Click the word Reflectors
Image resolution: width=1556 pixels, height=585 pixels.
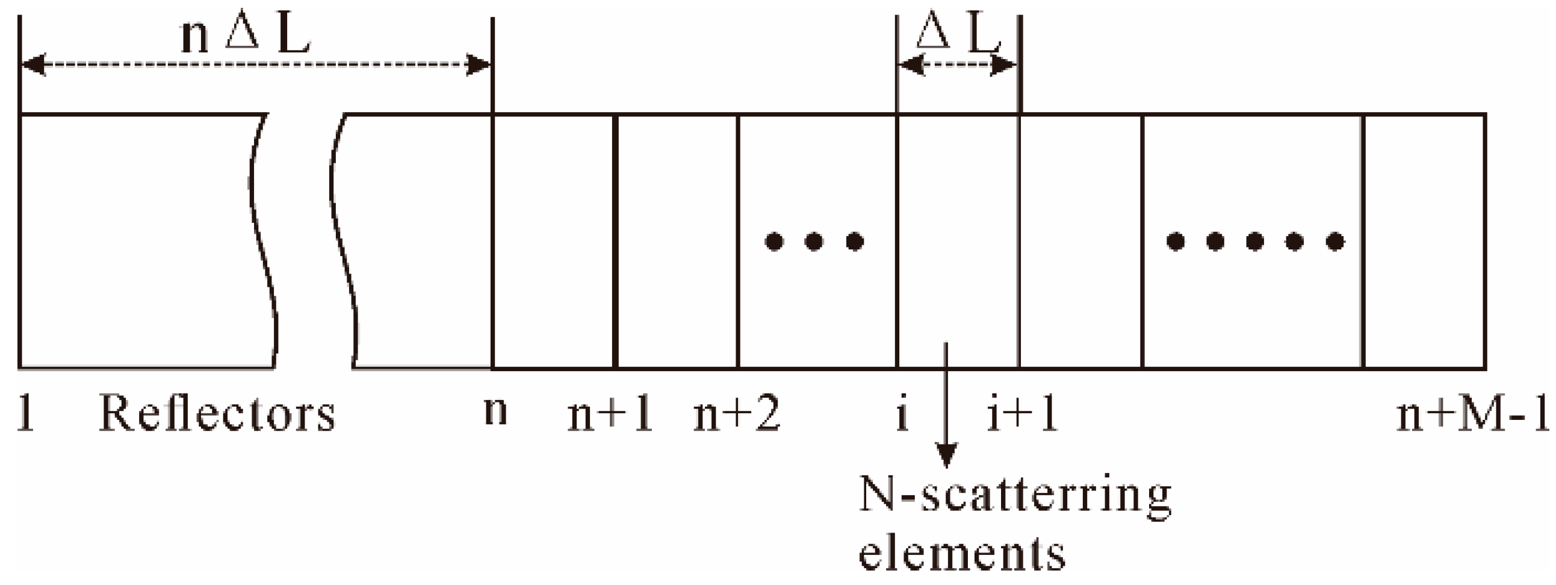click(217, 415)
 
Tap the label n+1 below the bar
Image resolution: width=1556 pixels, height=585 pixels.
click(610, 416)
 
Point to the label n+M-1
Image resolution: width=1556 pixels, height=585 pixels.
click(1473, 416)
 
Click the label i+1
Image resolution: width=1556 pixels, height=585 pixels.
click(1023, 416)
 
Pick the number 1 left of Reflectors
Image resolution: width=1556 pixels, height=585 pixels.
click(25, 415)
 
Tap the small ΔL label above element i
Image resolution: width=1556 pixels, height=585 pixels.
click(958, 35)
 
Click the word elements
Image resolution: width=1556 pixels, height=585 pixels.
click(962, 554)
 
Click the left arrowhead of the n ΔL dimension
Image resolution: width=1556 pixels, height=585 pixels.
click(34, 64)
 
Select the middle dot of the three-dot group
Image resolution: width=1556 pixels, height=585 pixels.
click(814, 242)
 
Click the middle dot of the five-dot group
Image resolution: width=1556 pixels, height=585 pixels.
click(1255, 242)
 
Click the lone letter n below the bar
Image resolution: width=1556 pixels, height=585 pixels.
click(495, 412)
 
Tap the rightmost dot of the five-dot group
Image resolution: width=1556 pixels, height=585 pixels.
click(1335, 242)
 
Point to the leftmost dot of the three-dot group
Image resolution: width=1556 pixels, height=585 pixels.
click(773, 242)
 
